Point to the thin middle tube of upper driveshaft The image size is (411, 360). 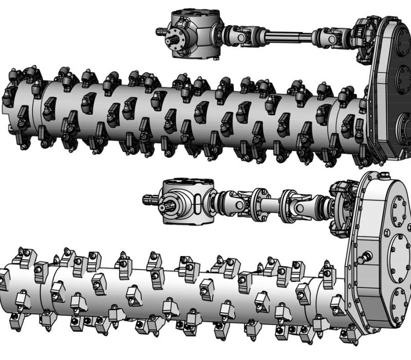click(288, 36)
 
